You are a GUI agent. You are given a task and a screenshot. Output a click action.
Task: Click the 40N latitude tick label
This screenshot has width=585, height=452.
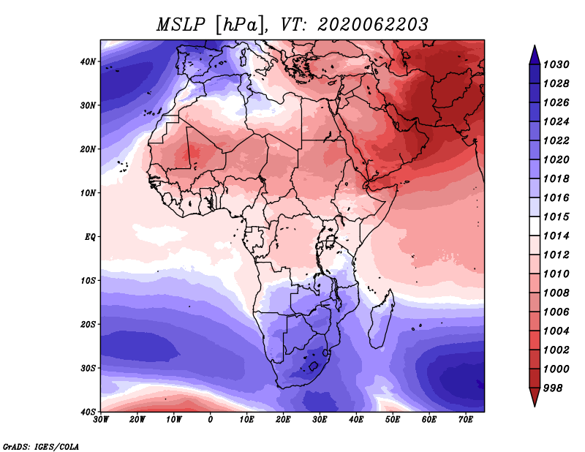click(88, 61)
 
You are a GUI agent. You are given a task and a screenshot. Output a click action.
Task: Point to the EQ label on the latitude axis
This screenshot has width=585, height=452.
click(90, 237)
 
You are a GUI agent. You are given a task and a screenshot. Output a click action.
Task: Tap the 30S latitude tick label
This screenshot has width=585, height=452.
click(88, 369)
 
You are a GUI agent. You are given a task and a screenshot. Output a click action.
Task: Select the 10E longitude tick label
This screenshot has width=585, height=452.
click(246, 420)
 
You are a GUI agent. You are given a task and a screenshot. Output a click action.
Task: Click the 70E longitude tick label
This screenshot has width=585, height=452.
click(466, 420)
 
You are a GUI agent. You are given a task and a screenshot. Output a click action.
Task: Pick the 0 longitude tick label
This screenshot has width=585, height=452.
click(211, 420)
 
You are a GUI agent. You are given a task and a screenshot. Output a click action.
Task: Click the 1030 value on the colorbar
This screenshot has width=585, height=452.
click(556, 64)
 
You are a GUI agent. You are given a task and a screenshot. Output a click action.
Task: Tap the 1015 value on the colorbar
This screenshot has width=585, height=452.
click(556, 216)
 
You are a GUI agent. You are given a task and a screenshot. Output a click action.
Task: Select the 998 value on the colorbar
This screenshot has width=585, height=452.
click(553, 388)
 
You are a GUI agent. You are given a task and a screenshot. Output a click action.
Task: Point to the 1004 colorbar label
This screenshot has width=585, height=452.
click(556, 331)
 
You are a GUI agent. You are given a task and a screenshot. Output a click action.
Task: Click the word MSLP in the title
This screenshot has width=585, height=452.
click(181, 25)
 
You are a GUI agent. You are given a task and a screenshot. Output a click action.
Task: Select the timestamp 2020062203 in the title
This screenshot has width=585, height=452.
click(373, 25)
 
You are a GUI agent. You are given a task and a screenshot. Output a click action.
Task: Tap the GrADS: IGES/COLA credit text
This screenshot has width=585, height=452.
click(41, 446)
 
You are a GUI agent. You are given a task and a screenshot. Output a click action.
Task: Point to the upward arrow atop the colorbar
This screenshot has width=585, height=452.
click(535, 55)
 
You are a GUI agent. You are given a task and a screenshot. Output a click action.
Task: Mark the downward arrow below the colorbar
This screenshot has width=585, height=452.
click(535, 397)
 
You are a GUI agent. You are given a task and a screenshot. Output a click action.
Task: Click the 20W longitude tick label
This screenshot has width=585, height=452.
click(137, 420)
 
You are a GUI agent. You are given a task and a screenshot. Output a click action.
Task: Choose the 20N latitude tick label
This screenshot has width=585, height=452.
click(88, 149)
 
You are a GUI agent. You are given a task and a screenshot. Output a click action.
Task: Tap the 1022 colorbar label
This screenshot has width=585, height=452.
click(556, 140)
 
